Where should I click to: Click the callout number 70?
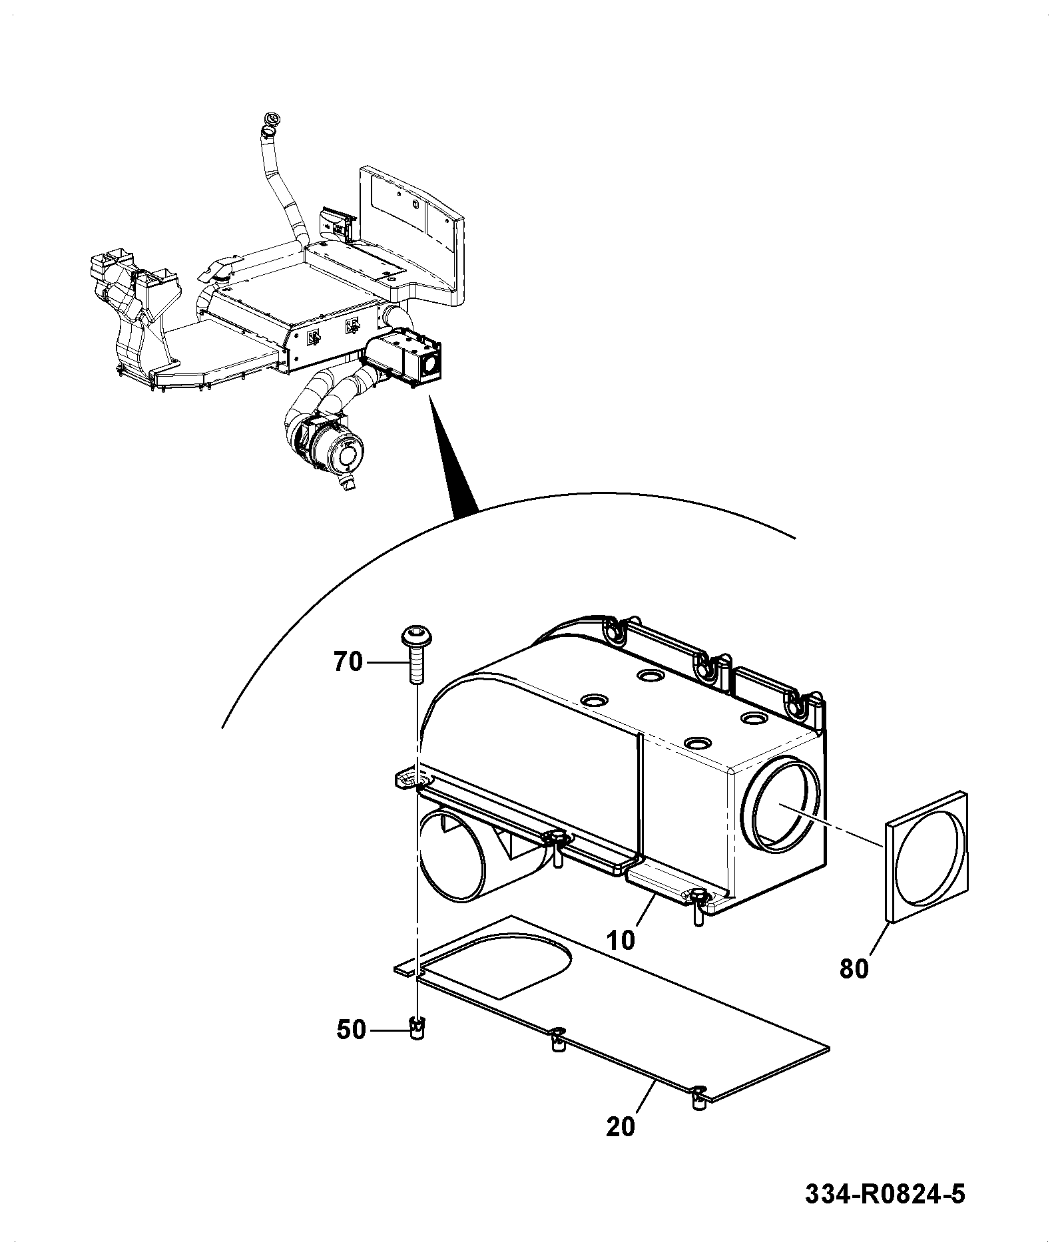pos(348,663)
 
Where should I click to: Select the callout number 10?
pos(621,940)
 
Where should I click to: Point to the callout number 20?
pos(621,1127)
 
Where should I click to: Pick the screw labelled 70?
pos(415,655)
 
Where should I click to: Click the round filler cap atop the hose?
pos(271,120)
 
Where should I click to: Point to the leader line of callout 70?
pos(384,663)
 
